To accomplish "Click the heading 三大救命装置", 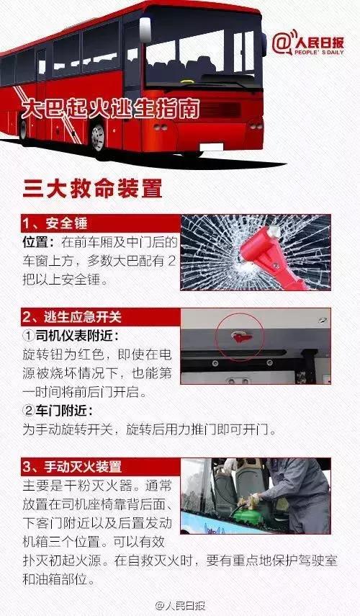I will tap(92, 189).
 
